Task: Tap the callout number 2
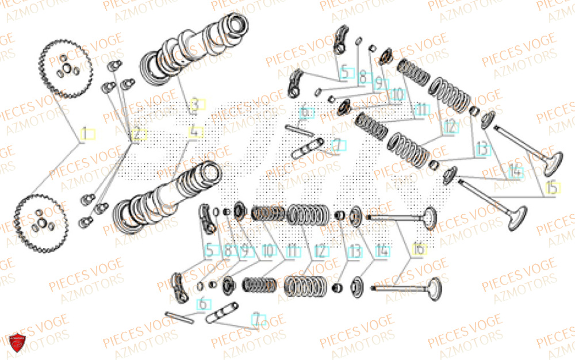[139, 135]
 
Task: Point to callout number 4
[196, 132]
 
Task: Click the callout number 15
[552, 188]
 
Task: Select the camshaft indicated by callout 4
[167, 198]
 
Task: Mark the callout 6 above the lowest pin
[204, 303]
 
